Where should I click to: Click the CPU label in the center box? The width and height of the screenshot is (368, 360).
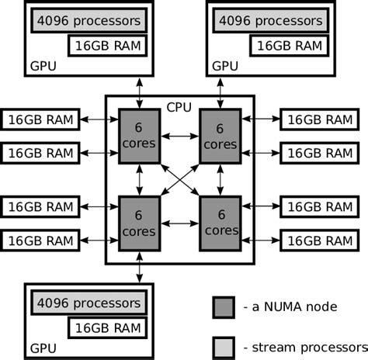(x=179, y=107)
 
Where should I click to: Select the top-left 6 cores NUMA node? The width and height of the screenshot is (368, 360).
(x=140, y=137)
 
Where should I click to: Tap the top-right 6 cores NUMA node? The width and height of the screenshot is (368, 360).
(x=220, y=137)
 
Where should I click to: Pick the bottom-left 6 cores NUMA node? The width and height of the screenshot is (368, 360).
(x=140, y=223)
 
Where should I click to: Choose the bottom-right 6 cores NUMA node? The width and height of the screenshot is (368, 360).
(x=220, y=223)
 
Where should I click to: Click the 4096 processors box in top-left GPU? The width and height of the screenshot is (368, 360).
(x=89, y=20)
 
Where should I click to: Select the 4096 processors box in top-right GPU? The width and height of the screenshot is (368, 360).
(x=271, y=20)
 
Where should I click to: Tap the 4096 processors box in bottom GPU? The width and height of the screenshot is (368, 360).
(x=89, y=303)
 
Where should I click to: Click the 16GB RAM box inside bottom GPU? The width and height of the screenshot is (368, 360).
(x=108, y=328)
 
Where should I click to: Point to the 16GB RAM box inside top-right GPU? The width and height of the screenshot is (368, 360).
(x=290, y=46)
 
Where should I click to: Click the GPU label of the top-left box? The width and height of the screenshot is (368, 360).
(x=43, y=66)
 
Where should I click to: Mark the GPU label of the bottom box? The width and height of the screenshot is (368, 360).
(x=43, y=348)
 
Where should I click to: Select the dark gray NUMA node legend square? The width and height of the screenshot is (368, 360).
(x=224, y=307)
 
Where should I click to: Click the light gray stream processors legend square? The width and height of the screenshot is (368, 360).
(x=224, y=348)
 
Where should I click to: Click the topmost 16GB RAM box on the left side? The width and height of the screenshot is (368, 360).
(x=40, y=119)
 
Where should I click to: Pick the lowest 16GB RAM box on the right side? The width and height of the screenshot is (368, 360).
(x=320, y=241)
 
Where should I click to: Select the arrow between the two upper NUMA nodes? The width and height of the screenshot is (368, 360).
(x=180, y=136)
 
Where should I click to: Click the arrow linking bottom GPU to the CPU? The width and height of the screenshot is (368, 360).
(x=140, y=268)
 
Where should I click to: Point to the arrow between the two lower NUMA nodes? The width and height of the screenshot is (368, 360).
(x=180, y=223)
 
